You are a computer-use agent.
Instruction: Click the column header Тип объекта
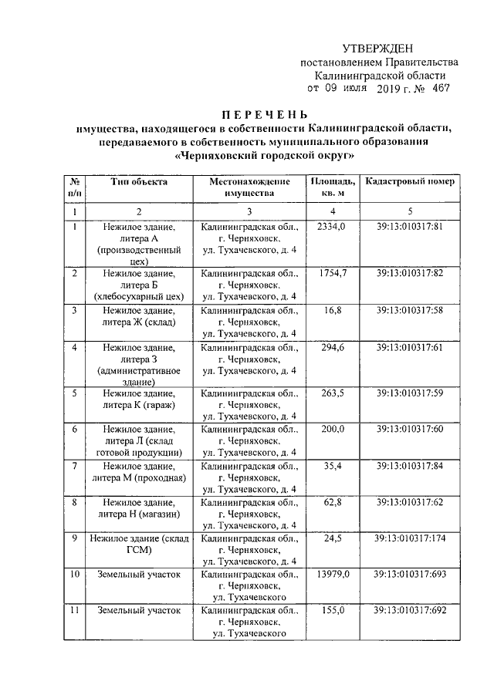(x=138, y=181)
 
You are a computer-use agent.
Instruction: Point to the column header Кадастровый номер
(x=411, y=181)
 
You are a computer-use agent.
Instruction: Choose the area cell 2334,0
(x=333, y=227)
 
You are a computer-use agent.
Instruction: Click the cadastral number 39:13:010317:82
(x=410, y=274)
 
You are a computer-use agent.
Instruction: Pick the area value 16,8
(x=333, y=310)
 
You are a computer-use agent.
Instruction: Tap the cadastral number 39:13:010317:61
(x=410, y=348)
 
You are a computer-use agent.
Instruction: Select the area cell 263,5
(x=333, y=393)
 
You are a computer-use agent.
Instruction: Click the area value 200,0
(x=333, y=429)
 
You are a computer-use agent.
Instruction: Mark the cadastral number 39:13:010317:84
(x=410, y=466)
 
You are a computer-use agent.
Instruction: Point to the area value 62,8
(x=333, y=503)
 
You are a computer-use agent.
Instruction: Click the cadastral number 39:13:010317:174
(x=410, y=538)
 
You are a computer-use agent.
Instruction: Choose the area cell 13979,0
(x=333, y=575)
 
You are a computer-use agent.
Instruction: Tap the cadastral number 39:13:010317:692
(x=410, y=610)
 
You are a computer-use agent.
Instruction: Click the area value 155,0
(x=333, y=610)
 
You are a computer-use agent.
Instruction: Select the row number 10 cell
(x=75, y=575)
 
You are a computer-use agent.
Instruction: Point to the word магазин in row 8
(x=160, y=514)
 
